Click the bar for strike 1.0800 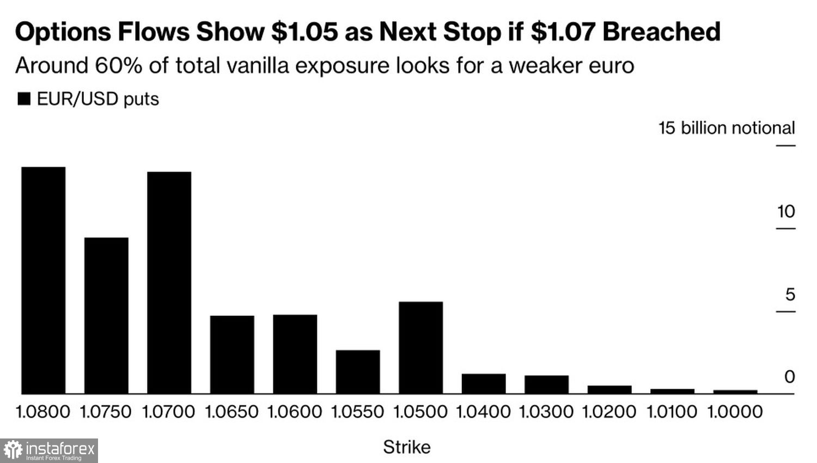pos(44,280)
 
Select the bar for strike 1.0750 pos(106,315)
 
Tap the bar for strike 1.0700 pos(169,283)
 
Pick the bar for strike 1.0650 pos(232,355)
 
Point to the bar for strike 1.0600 pos(295,354)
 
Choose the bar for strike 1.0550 pos(358,371)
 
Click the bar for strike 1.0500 pos(421,348)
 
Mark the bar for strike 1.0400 pos(484,383)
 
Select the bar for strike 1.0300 pos(547,385)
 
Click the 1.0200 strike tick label pos(609,411)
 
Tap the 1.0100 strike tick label pos(672,411)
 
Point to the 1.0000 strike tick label pos(735,411)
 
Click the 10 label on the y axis pos(786,211)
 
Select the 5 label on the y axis pos(790,295)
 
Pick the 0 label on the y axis pos(789,377)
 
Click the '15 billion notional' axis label pos(727,128)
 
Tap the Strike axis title pos(407,447)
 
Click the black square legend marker pos(24,99)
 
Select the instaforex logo pos(49,450)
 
